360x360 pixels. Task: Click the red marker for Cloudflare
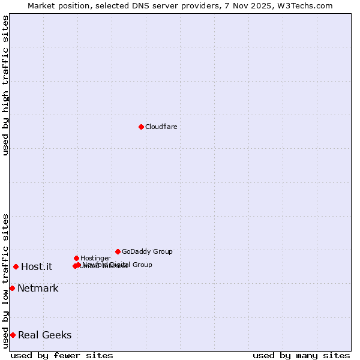[141, 127]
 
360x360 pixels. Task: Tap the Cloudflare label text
[161, 127]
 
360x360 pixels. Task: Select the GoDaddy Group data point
[118, 251]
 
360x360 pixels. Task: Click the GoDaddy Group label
[147, 251]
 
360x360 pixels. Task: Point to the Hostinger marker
[76, 258]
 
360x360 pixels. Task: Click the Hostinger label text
[95, 258]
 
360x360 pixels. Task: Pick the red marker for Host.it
[16, 266]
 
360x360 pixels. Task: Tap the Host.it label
[37, 266]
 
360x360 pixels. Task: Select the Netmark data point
[12, 288]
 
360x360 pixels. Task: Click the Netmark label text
[38, 288]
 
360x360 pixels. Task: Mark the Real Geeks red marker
[13, 335]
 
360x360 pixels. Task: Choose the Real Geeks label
[44, 335]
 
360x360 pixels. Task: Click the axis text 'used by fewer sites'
[62, 355]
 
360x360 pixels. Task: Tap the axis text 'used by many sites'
[301, 355]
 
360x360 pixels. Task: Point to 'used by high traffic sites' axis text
[5, 85]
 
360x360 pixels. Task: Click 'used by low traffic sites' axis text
[5, 280]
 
